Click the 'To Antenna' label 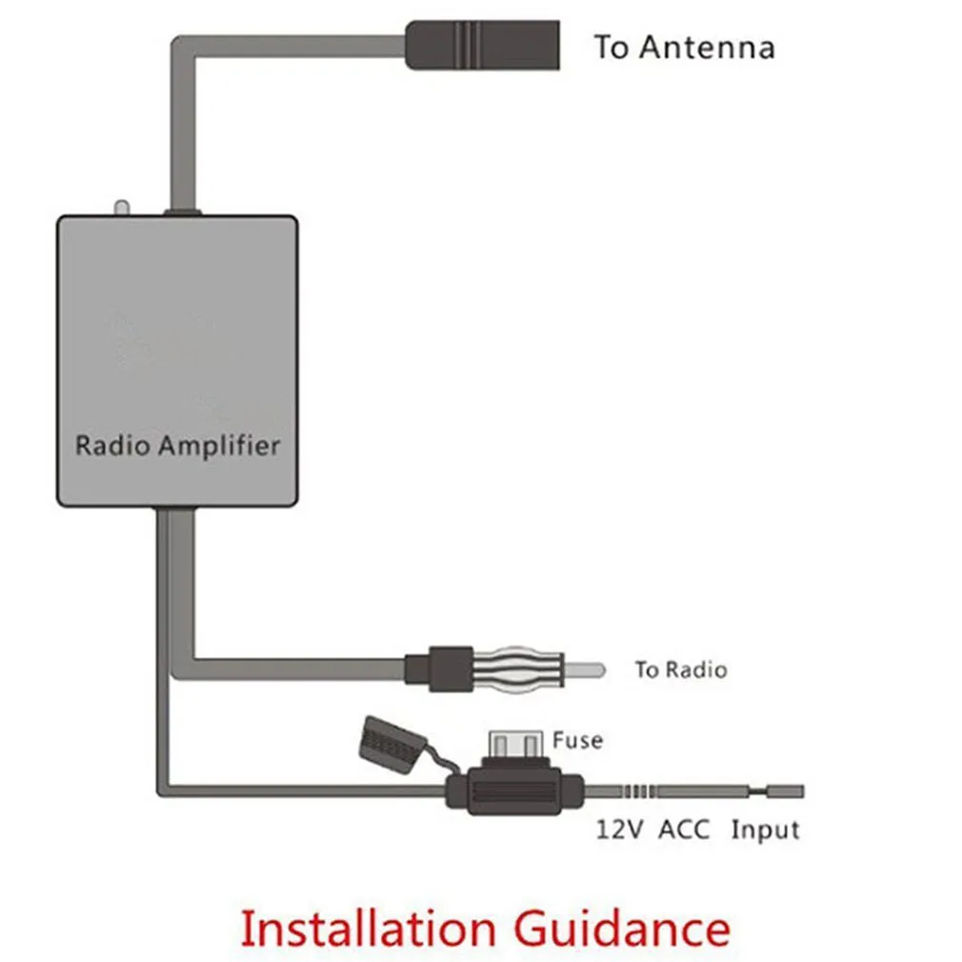pos(684,47)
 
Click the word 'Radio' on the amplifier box pos(111,445)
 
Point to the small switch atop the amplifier pos(120,207)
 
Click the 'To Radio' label pos(680,670)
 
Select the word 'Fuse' pos(577,739)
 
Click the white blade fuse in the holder pos(514,744)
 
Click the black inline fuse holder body pos(514,792)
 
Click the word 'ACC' pos(685,830)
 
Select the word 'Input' pos(765,830)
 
